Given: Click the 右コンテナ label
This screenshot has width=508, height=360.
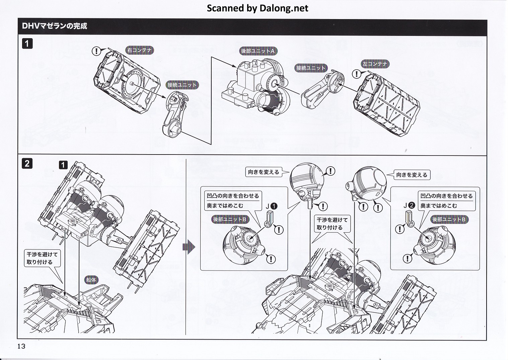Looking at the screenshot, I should tap(139, 51).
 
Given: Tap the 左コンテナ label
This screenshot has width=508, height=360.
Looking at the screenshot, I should tap(375, 64).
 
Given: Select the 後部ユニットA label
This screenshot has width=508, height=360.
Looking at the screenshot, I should tap(258, 51).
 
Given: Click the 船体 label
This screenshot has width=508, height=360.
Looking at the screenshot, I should tap(91, 280).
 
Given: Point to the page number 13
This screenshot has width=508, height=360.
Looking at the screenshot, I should tap(21, 346).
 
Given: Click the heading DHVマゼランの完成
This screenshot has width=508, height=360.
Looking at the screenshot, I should tap(55, 26).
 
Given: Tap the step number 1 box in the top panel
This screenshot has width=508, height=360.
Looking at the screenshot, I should tap(27, 44).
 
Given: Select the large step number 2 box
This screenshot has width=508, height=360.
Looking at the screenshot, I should tap(27, 164).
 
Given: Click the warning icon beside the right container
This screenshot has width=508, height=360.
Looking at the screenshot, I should tap(96, 51).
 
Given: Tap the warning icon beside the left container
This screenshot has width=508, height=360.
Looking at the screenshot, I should tap(357, 74).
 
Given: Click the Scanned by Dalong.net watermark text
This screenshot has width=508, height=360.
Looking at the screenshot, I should tap(257, 8).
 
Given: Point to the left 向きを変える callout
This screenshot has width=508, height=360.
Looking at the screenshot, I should tap(264, 172).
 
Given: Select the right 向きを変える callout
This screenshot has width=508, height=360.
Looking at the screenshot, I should tap(412, 175).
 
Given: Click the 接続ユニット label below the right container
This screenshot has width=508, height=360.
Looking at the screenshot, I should tap(183, 85).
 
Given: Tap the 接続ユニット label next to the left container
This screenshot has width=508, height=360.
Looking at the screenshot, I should tap(311, 68).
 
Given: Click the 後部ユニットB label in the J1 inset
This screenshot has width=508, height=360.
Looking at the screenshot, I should tap(230, 220).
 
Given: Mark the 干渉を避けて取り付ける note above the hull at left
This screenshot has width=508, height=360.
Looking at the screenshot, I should tap(42, 258).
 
